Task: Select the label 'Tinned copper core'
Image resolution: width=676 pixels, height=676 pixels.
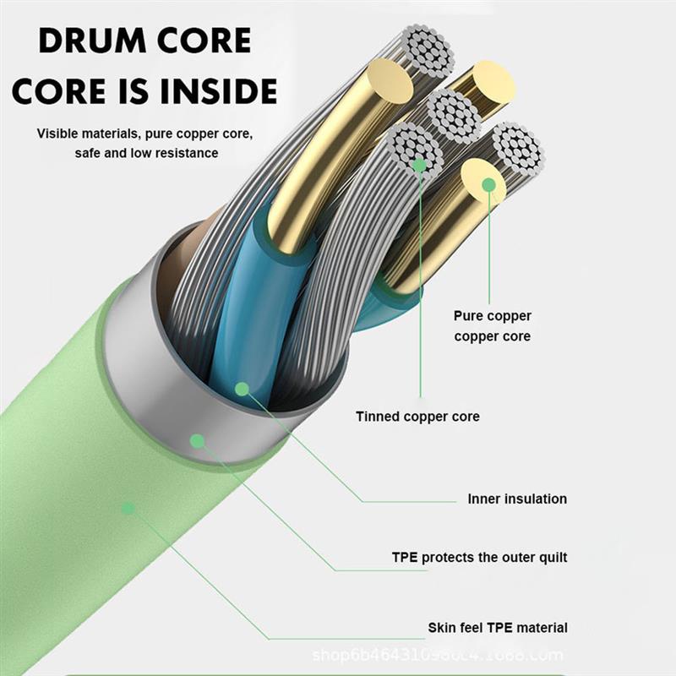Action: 417,417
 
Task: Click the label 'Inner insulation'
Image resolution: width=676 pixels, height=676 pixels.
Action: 517,499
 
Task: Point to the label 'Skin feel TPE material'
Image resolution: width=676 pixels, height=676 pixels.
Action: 497,628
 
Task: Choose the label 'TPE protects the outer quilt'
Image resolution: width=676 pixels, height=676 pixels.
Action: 479,557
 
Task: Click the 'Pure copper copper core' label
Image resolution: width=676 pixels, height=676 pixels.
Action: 493,326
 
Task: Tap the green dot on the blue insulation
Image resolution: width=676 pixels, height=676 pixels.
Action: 243,389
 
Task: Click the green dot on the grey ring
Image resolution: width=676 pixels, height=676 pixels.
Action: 198,440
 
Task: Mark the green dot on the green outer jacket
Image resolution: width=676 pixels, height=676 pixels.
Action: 128,508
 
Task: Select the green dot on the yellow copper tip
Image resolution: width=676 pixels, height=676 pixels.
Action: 489,184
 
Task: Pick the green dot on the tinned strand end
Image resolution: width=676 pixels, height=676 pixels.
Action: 420,166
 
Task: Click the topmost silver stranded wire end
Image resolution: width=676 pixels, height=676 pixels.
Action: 429,52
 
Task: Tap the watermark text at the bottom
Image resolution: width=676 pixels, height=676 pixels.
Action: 438,655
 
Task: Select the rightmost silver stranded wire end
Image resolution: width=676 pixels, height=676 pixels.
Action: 517,149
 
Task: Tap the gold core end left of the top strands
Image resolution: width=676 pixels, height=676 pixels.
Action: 390,81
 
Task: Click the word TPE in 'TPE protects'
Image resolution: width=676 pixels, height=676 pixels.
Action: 405,557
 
